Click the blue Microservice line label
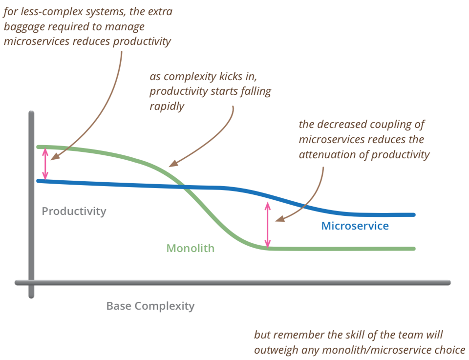click(x=355, y=226)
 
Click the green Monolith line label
click(x=190, y=248)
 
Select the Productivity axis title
click(x=74, y=212)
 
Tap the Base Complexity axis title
click(x=150, y=306)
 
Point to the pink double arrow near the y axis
click(x=45, y=164)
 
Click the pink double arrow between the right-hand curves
click(x=268, y=225)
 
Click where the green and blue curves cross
click(x=185, y=187)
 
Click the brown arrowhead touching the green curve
click(x=173, y=164)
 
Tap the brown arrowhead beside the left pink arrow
click(x=55, y=157)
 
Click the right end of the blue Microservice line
click(x=414, y=215)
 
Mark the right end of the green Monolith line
click(x=414, y=249)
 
